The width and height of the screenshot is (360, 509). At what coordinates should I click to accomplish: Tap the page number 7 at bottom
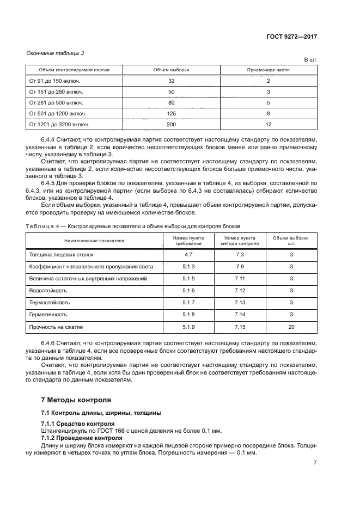coord(315,463)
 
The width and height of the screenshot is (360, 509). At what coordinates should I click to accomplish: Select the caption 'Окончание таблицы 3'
coord(55,53)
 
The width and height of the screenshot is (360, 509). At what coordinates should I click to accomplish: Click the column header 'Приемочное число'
coord(268,70)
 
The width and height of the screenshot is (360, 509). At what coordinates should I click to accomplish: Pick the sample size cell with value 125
coord(171,113)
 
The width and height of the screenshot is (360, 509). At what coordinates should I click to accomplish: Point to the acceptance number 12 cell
coord(268,125)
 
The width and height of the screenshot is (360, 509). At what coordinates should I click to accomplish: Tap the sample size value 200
coord(171,125)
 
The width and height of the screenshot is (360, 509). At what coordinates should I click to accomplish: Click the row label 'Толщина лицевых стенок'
coord(60,254)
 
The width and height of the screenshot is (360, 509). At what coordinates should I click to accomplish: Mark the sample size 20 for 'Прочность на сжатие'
coord(291,327)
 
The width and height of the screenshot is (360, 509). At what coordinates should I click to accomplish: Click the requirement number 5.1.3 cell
coord(188,266)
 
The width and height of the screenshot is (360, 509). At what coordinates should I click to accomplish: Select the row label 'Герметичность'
coord(48,315)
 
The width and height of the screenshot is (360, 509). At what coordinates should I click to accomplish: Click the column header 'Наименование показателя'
coord(94,240)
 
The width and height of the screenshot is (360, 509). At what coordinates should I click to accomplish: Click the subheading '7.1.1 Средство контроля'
coord(78,423)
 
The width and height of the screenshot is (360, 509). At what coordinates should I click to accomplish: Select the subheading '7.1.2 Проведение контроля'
coord(82,438)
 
